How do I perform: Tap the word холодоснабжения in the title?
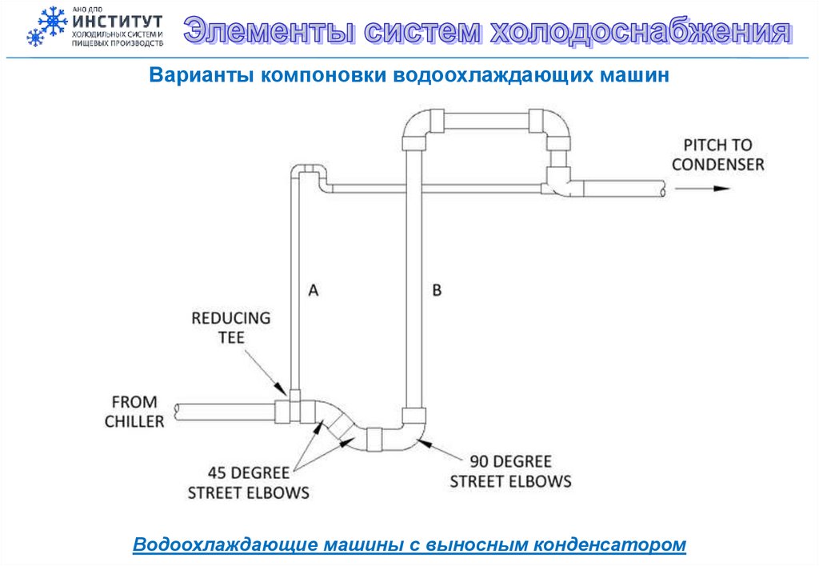(639, 32)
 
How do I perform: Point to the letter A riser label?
(314, 291)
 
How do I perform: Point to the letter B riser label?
(437, 290)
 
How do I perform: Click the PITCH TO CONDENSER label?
(717, 155)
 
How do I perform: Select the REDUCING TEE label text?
(230, 328)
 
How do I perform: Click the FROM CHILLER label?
(134, 411)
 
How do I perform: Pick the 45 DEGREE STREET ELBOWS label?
(248, 483)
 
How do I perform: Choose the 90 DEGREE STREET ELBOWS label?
(510, 472)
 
